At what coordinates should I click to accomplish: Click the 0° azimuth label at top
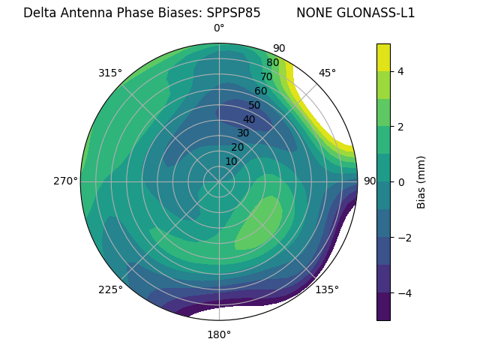tap(219, 28)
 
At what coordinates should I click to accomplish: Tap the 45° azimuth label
tap(327, 73)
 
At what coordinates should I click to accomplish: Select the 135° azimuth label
tap(327, 289)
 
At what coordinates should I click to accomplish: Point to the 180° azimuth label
tap(219, 334)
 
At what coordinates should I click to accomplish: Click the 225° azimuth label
tap(110, 289)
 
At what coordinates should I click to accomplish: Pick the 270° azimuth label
tap(65, 181)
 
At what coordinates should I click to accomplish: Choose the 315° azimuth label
tap(110, 73)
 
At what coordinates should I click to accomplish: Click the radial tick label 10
tap(231, 161)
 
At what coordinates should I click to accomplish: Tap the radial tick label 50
tap(255, 105)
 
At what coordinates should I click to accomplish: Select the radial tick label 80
tap(272, 63)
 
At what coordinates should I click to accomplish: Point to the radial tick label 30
tap(243, 133)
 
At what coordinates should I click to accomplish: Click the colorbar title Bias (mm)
tap(421, 182)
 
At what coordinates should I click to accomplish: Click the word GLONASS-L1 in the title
tap(355, 13)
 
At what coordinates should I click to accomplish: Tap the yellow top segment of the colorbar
tap(383, 57)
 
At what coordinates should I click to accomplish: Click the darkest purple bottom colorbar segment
tap(383, 307)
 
